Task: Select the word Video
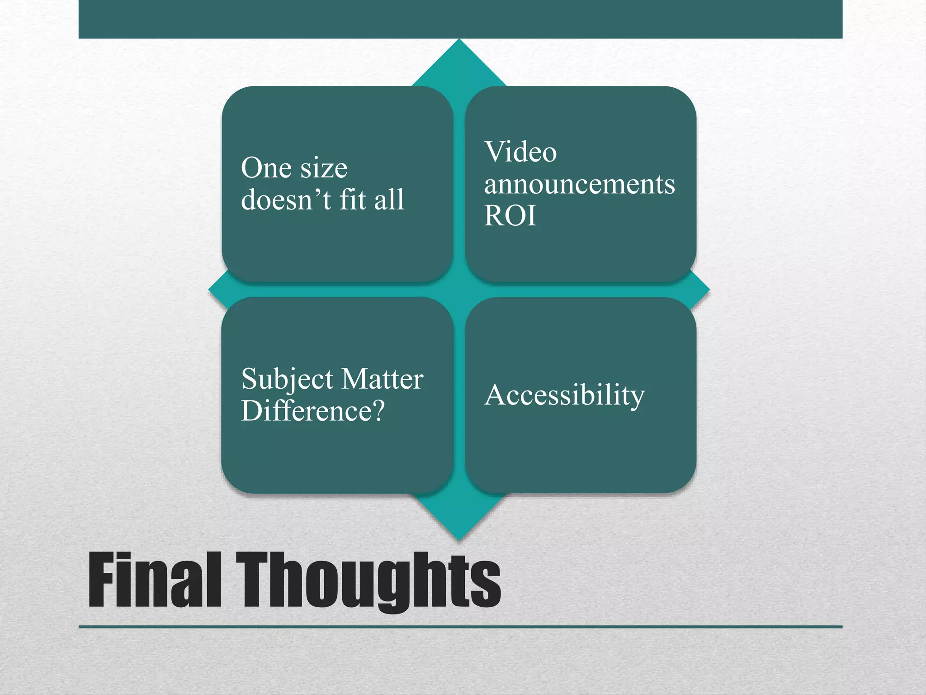pos(520,152)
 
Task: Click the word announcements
pos(579,185)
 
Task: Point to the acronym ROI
pos(510,215)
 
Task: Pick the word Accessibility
pos(564,395)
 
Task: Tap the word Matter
pos(382,379)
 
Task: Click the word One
pos(266,168)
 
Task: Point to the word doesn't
pos(286,200)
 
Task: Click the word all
pos(389,200)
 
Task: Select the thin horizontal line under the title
pos(460,627)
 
